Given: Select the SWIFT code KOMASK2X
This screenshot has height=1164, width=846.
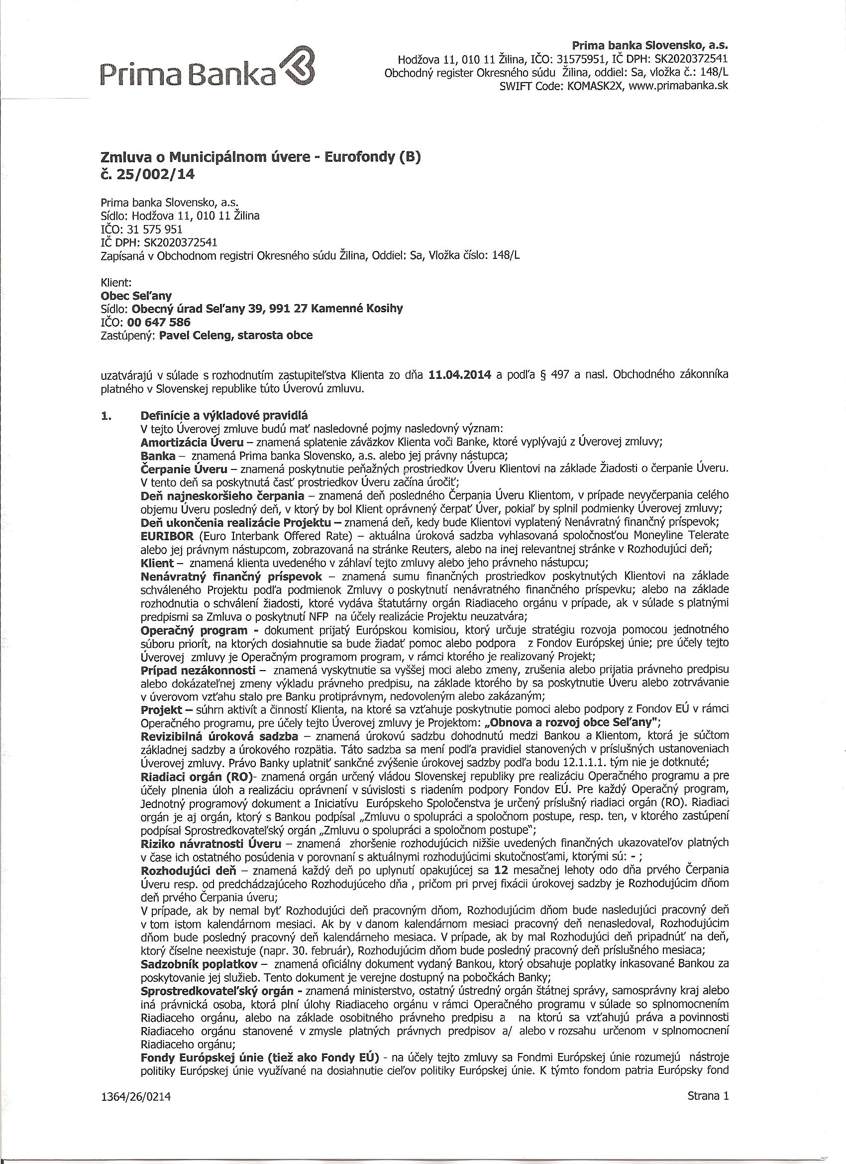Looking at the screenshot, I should [594, 86].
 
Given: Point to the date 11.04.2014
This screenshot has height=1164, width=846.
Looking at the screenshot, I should [458, 375].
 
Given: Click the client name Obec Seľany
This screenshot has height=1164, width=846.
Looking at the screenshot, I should [136, 296].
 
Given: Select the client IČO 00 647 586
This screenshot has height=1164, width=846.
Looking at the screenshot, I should [159, 322].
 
